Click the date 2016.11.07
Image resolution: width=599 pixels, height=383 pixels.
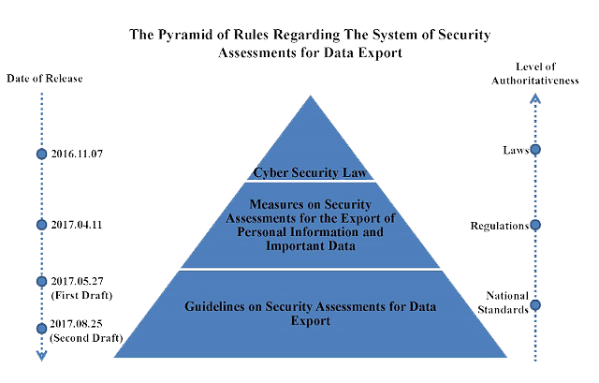tap(77, 154)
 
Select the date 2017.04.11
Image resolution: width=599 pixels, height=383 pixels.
tap(77, 225)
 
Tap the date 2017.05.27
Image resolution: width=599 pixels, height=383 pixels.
tap(77, 281)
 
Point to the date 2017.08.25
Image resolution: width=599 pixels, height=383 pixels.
tap(76, 324)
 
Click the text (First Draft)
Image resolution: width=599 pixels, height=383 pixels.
tap(81, 296)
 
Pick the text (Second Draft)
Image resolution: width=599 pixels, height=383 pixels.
tap(86, 338)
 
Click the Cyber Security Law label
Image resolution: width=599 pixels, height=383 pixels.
tap(310, 172)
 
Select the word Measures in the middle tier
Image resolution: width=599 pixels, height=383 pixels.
tap(273, 204)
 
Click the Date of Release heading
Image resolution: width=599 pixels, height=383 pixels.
tap(45, 79)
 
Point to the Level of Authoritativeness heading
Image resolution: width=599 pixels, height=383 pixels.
tap(535, 73)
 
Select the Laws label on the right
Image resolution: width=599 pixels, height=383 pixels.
tap(516, 150)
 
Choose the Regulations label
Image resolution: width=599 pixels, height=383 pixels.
tap(500, 226)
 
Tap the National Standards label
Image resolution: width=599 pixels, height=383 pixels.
tap(504, 302)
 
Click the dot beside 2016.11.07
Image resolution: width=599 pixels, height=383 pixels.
tap(41, 154)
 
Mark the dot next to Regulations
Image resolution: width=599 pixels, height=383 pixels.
tap(535, 225)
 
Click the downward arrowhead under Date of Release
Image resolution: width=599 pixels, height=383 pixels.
tap(41, 356)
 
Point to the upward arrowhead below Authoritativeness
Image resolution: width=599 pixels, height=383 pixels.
tap(535, 99)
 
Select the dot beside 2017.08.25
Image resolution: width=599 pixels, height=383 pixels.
tap(41, 329)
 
